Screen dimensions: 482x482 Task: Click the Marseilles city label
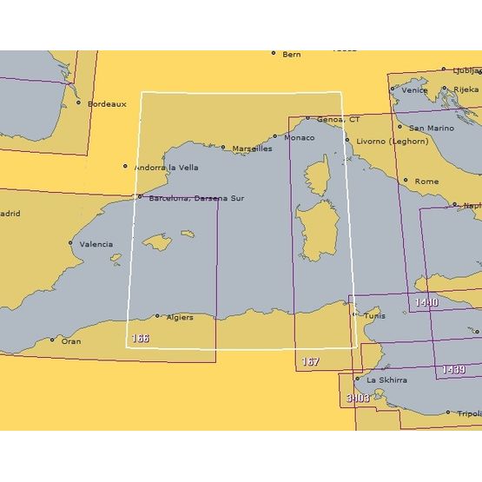(x=252, y=149)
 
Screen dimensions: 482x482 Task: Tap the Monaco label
(x=299, y=137)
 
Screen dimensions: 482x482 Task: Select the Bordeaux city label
(x=107, y=103)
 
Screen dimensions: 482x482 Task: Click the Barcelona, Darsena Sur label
(x=196, y=198)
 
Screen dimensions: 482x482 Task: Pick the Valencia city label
(x=96, y=244)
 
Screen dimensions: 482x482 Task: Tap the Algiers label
(x=178, y=318)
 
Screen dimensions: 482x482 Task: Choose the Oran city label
(x=71, y=341)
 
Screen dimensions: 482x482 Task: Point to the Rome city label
(x=426, y=181)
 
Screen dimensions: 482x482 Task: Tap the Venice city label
(x=414, y=89)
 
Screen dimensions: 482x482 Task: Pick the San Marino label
(x=431, y=128)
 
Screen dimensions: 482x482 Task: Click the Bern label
(x=291, y=54)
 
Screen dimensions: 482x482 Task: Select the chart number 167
(x=310, y=361)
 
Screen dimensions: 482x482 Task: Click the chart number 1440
(x=426, y=302)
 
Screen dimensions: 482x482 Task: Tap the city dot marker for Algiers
(x=157, y=316)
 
